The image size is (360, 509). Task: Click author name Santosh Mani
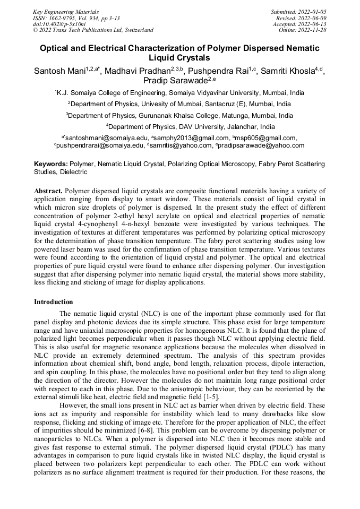[x=60, y=71]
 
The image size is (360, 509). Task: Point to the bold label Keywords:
[x=51, y=164]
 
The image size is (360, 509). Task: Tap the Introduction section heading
[x=54, y=301]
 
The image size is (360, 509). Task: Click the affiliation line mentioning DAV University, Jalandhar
[x=191, y=127]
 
